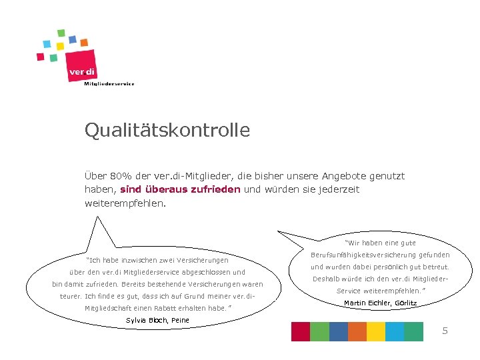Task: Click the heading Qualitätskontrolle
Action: (x=167, y=130)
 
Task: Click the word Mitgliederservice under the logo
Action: (x=109, y=83)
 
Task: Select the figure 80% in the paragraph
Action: (x=119, y=177)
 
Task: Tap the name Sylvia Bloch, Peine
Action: (x=157, y=321)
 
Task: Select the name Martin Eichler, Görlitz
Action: (x=380, y=303)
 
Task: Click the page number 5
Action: (x=445, y=331)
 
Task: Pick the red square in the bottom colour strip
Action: (x=301, y=331)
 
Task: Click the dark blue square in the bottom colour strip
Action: (x=338, y=331)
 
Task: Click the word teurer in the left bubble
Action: (x=71, y=296)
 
